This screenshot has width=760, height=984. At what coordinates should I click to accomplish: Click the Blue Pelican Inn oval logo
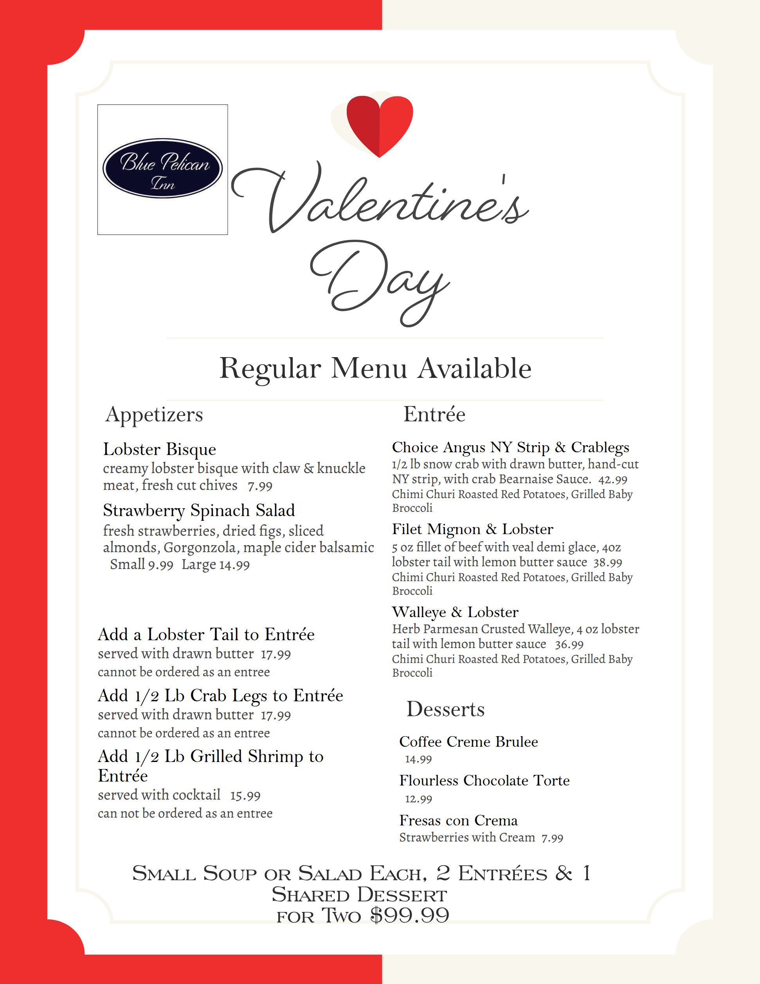162,168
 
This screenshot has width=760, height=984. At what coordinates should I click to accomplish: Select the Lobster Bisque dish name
159,449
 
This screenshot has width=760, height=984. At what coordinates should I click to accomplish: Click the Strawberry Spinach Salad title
198,511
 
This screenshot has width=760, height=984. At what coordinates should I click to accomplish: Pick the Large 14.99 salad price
216,565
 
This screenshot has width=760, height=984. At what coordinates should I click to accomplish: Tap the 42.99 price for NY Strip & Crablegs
613,480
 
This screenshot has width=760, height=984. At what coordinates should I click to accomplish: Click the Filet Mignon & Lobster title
472,529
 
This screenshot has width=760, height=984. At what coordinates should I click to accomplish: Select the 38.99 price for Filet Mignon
608,563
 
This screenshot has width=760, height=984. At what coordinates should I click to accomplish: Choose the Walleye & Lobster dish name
455,612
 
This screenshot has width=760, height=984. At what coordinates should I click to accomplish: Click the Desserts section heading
445,709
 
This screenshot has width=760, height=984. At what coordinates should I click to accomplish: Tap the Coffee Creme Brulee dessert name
468,742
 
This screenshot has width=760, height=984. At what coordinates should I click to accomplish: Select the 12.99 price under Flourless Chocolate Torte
418,799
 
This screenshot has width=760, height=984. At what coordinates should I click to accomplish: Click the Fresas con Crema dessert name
458,820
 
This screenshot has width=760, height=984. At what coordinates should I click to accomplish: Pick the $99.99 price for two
410,915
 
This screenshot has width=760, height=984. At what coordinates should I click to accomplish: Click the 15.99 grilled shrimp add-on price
245,796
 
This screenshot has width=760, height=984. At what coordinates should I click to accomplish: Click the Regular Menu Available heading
375,368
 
